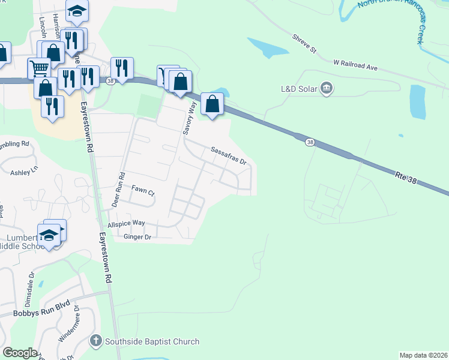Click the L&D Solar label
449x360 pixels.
point(299,89)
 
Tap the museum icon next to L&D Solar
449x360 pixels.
point(327,89)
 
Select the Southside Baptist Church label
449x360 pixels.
point(152,342)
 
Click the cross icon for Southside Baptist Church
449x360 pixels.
point(95,342)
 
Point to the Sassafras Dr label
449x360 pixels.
point(228,155)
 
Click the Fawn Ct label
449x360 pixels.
point(143,194)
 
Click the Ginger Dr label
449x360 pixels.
point(137,238)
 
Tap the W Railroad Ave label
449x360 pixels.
point(355,64)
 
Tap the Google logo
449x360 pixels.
point(19,353)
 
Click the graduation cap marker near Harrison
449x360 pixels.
point(77,11)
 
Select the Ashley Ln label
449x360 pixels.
point(24,172)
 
